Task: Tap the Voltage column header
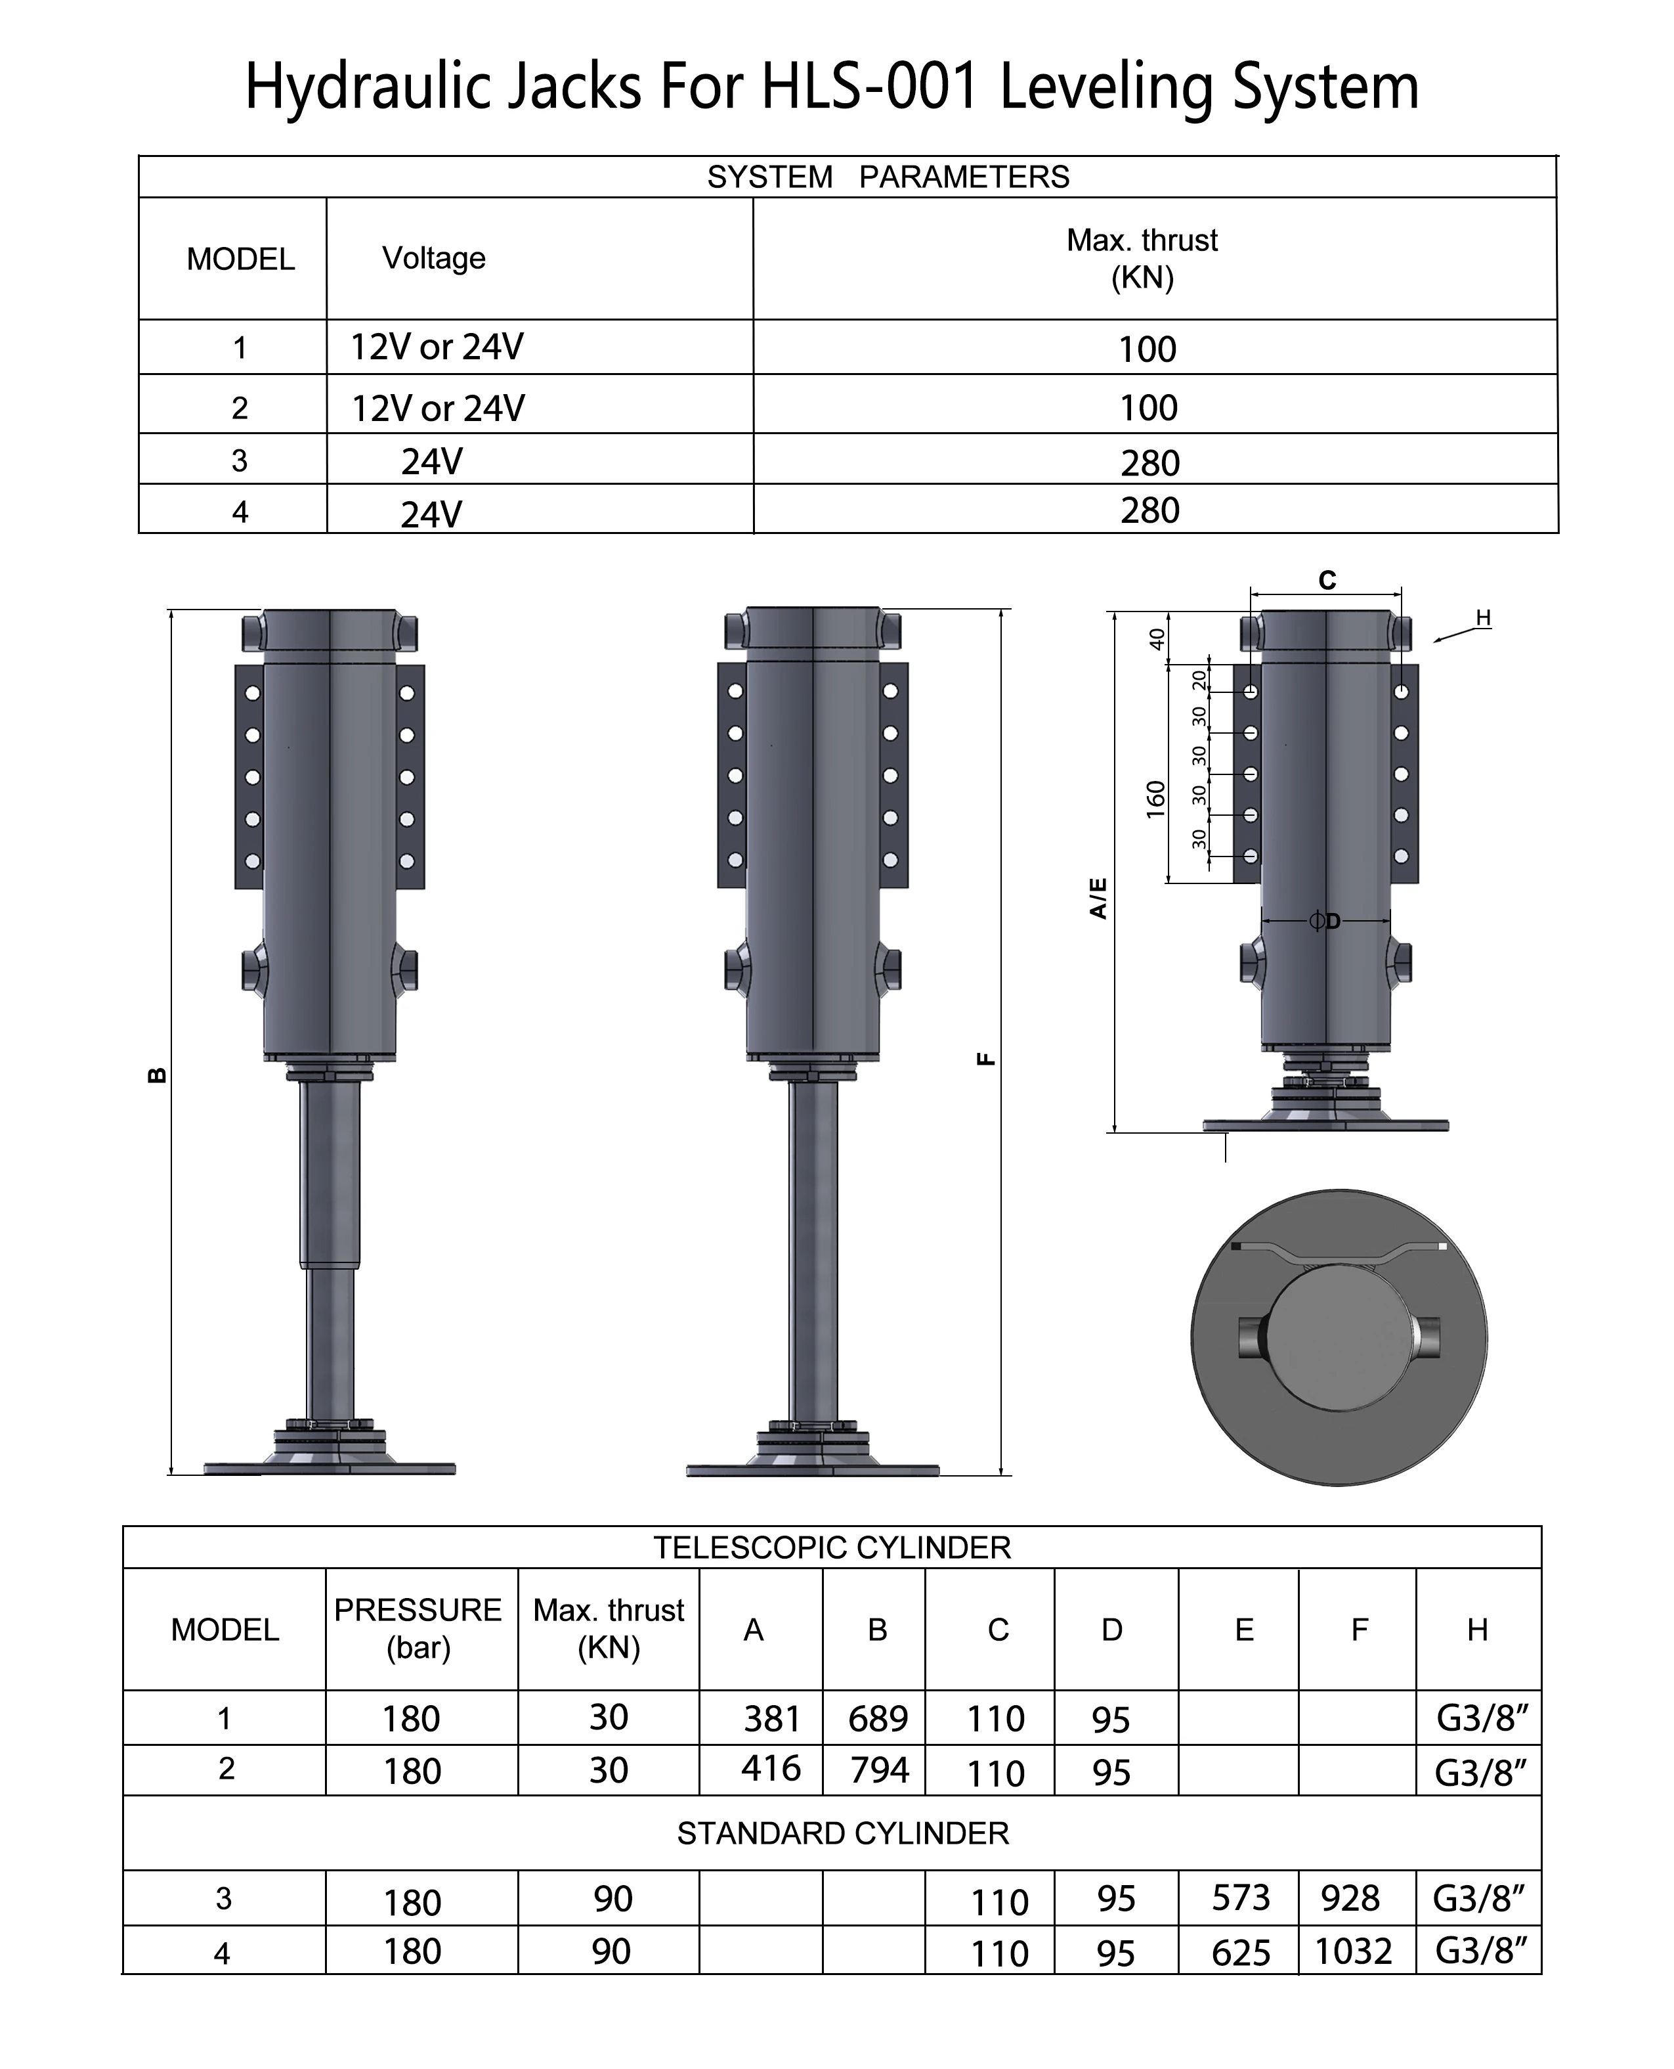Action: pyautogui.click(x=433, y=259)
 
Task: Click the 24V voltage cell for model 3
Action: pyautogui.click(x=431, y=462)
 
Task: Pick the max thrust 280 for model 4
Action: pyautogui.click(x=1149, y=510)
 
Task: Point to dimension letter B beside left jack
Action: pyautogui.click(x=156, y=1075)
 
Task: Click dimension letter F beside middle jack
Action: pyautogui.click(x=985, y=1059)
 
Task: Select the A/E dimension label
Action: pyautogui.click(x=1098, y=898)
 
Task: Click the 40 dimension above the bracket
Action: pyautogui.click(x=1156, y=638)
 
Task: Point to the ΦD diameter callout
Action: pyautogui.click(x=1325, y=921)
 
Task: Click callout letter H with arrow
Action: pyautogui.click(x=1483, y=618)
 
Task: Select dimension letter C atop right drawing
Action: pyautogui.click(x=1327, y=581)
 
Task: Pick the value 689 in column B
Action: pyautogui.click(x=878, y=1719)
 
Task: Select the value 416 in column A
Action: pyautogui.click(x=771, y=1768)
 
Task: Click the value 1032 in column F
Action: pyautogui.click(x=1353, y=1951)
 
